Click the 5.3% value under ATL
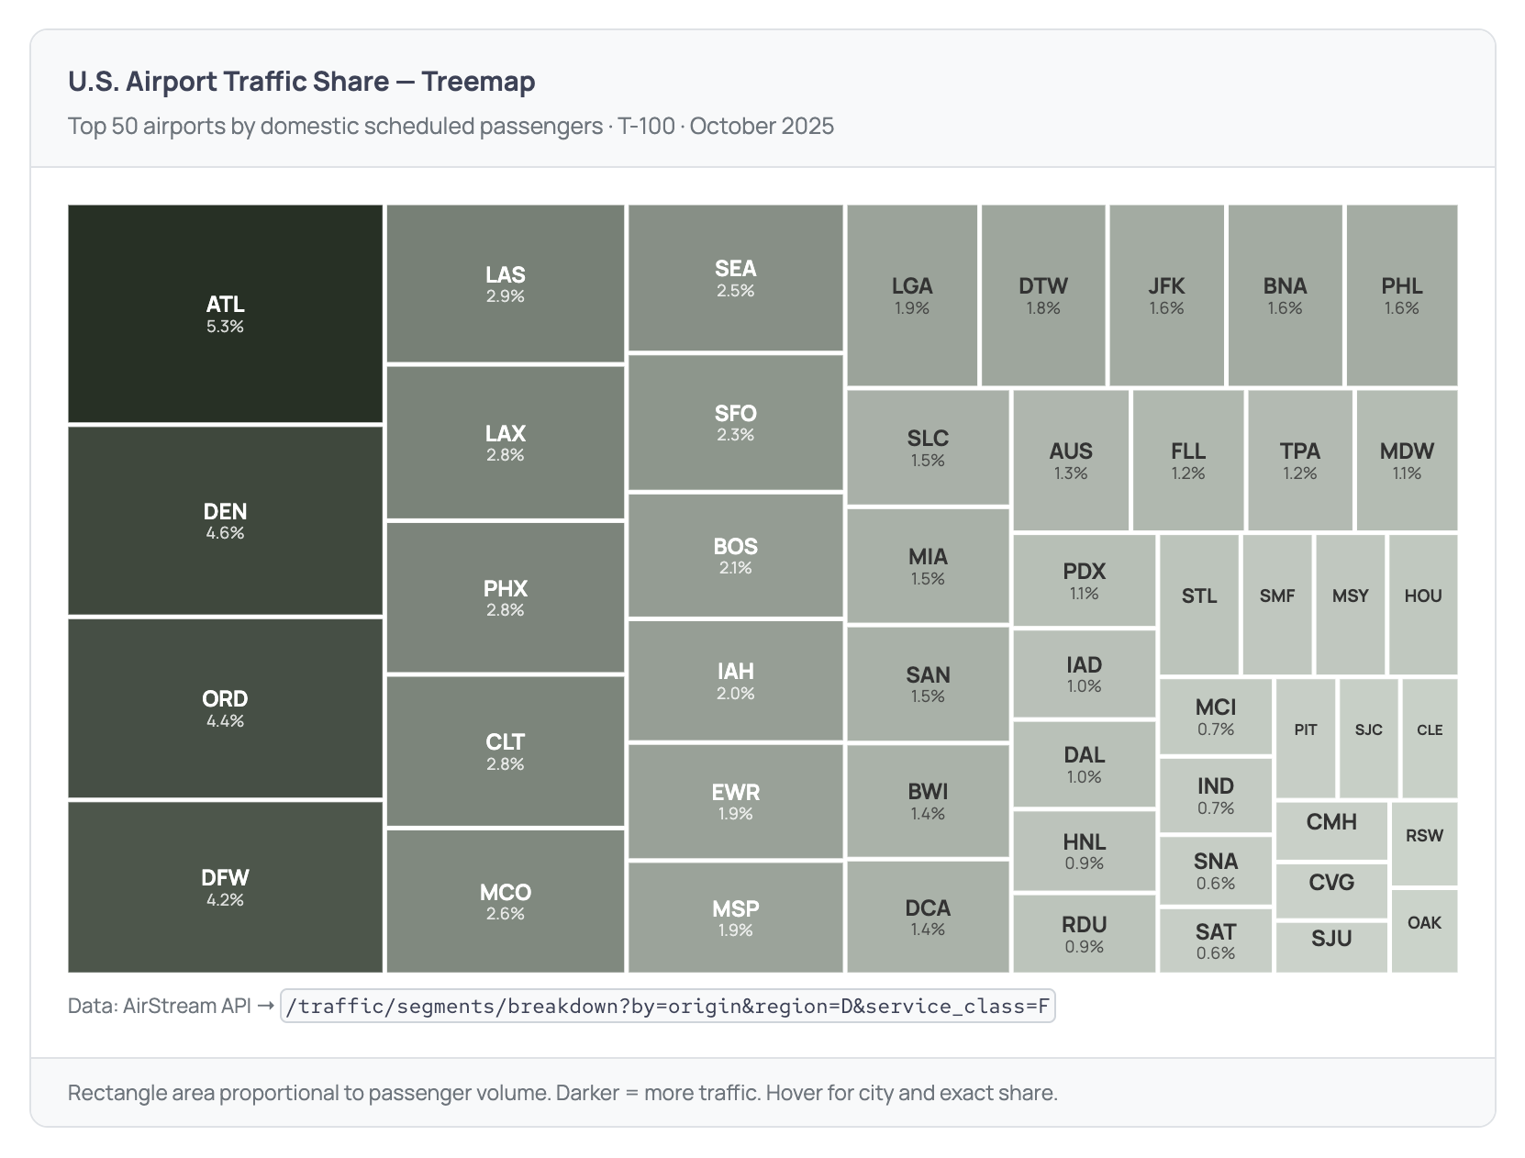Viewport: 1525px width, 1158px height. tap(225, 327)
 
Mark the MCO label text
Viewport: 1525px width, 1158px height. tap(505, 892)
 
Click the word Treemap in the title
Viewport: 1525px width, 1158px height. tap(478, 82)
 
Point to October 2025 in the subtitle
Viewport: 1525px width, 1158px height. tap(762, 126)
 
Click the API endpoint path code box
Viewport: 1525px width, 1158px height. tap(667, 1007)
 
